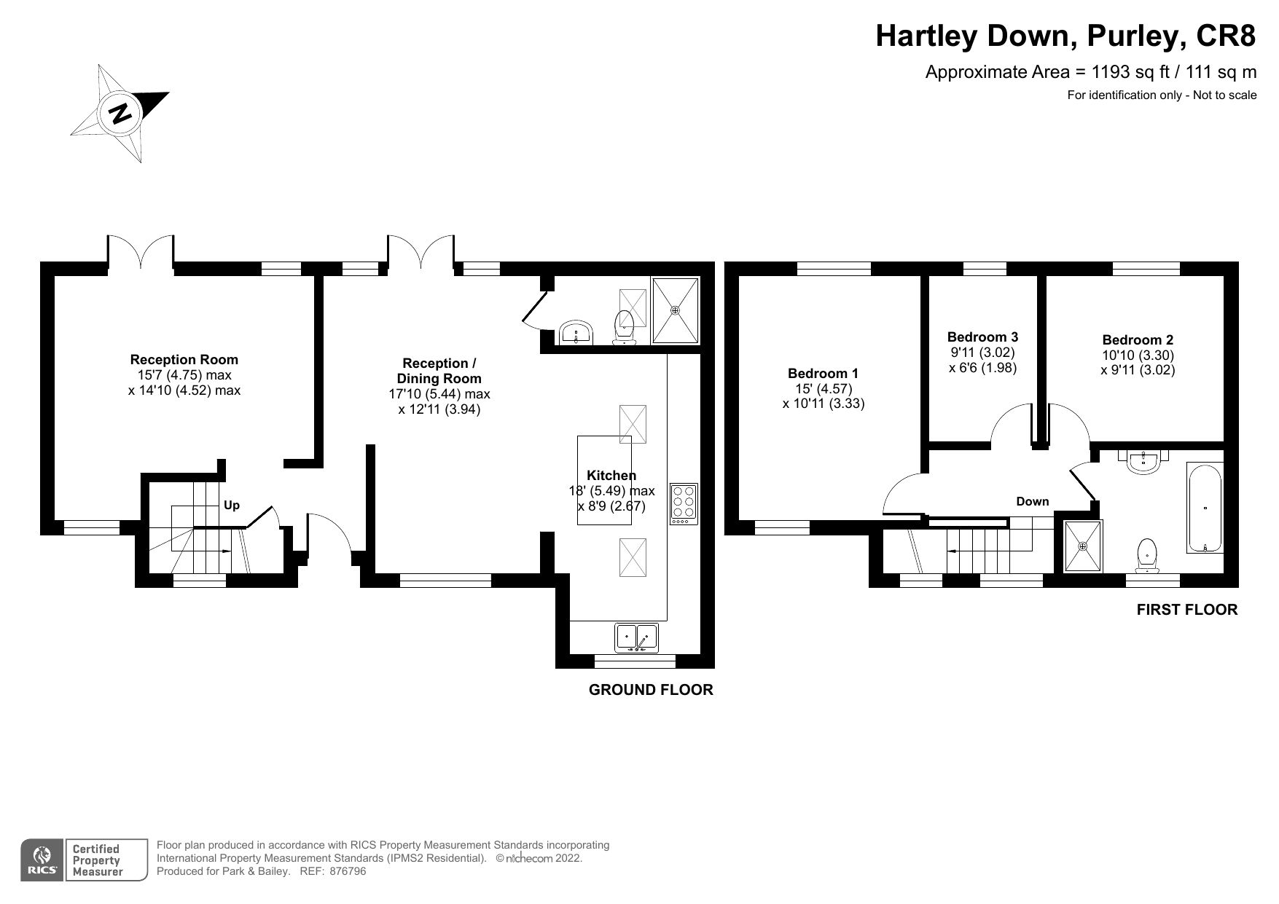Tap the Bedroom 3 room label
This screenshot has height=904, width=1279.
[x=982, y=337]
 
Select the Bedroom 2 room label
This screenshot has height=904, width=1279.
[x=1137, y=340]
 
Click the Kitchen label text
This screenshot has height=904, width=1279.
[x=611, y=476]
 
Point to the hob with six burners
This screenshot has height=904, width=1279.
[x=684, y=503]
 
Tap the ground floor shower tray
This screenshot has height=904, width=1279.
[x=676, y=310]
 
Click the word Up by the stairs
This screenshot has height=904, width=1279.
[x=231, y=506]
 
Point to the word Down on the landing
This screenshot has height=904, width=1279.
[x=1032, y=501]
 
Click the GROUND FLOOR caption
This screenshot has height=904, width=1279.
[x=650, y=690]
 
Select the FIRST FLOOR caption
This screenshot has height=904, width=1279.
[x=1186, y=610]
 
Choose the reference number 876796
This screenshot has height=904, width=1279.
[x=348, y=871]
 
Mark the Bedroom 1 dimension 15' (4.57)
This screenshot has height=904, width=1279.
[x=823, y=389]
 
